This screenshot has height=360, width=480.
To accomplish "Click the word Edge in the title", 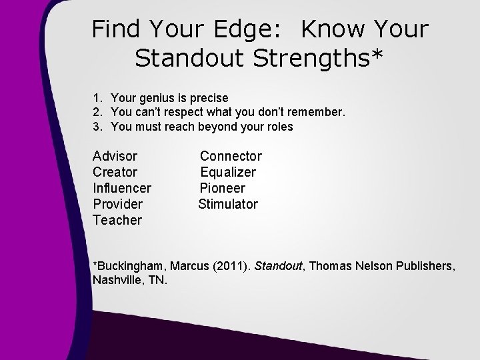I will (x=256, y=29).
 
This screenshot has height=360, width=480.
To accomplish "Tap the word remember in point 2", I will (x=317, y=112).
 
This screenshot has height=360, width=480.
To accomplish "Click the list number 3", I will (x=98, y=127).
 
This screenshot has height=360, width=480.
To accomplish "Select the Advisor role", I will (x=115, y=156).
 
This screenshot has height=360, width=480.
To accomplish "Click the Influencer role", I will (x=122, y=188).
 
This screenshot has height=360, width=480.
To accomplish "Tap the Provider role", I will (x=118, y=204).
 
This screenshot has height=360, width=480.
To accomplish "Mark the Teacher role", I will (x=117, y=220).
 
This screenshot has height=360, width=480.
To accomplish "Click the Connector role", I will (x=231, y=156).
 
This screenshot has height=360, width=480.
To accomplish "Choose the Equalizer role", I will (x=228, y=172).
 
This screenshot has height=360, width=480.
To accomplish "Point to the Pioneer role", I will (x=223, y=188).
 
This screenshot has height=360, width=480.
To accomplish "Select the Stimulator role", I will (x=228, y=204).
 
